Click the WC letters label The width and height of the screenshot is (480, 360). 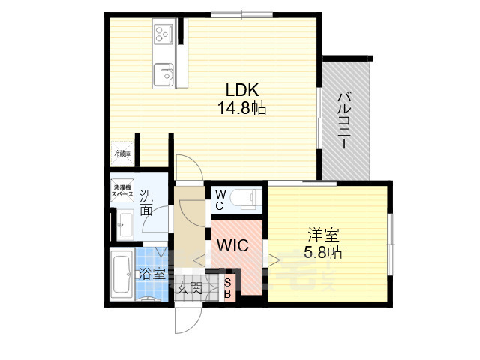[x=220, y=199]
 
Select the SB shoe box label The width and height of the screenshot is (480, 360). [x=229, y=288]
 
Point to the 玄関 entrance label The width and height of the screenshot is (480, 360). [x=190, y=287]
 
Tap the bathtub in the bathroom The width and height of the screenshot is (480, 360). [x=121, y=274]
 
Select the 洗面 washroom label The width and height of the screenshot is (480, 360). [x=147, y=202]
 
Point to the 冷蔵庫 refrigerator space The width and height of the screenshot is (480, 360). [x=121, y=153]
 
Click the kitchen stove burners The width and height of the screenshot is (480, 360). [x=163, y=33]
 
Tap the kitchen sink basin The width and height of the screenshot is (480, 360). [x=164, y=75]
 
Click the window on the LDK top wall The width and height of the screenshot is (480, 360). [x=241, y=13]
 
